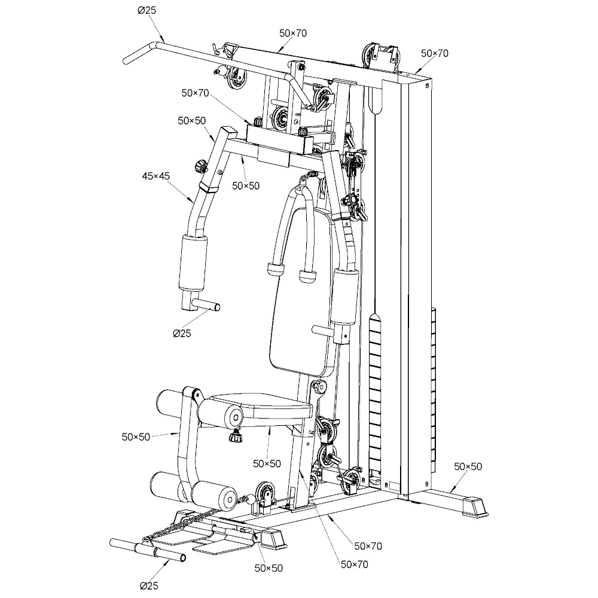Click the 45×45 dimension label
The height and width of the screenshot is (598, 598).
click(x=155, y=176)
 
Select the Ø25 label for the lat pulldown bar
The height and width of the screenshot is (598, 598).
click(x=147, y=10)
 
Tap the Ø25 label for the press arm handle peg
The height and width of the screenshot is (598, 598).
click(x=182, y=333)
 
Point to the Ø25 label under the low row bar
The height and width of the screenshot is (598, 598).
click(x=149, y=585)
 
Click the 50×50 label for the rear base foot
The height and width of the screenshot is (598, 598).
click(x=468, y=466)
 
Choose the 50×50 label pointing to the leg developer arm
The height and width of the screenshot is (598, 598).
click(x=136, y=437)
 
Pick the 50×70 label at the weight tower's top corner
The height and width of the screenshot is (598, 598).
click(x=434, y=53)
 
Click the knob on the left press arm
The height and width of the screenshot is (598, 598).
click(x=200, y=166)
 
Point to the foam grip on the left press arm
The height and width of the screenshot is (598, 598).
click(x=193, y=263)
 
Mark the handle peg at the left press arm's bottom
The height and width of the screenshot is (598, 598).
click(x=206, y=304)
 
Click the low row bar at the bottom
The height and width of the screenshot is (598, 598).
click(x=148, y=550)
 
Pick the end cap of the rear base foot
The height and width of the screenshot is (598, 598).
click(x=475, y=506)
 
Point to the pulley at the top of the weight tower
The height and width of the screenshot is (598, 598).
click(x=367, y=56)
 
